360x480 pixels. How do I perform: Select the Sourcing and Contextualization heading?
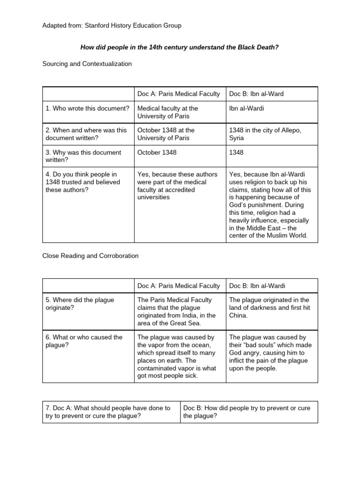(87, 63)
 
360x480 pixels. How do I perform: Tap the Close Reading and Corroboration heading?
(90, 256)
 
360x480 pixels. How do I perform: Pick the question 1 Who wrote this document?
(87, 108)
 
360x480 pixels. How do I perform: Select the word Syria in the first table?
(236, 138)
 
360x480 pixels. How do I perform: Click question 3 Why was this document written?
(83, 156)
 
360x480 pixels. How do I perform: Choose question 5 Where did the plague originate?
(80, 304)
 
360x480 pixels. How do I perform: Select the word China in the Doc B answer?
(238, 315)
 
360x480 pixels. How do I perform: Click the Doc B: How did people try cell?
(248, 412)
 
